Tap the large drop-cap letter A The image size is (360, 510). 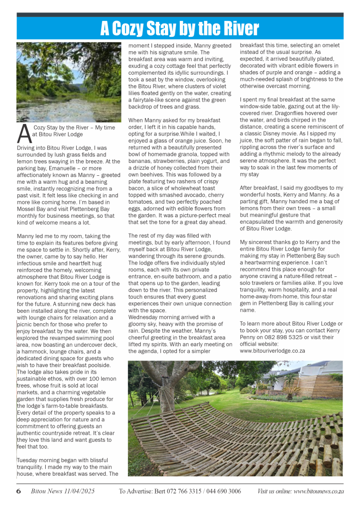pyautogui.click(x=23, y=133)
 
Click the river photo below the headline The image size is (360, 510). pyautogui.click(x=69, y=82)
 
